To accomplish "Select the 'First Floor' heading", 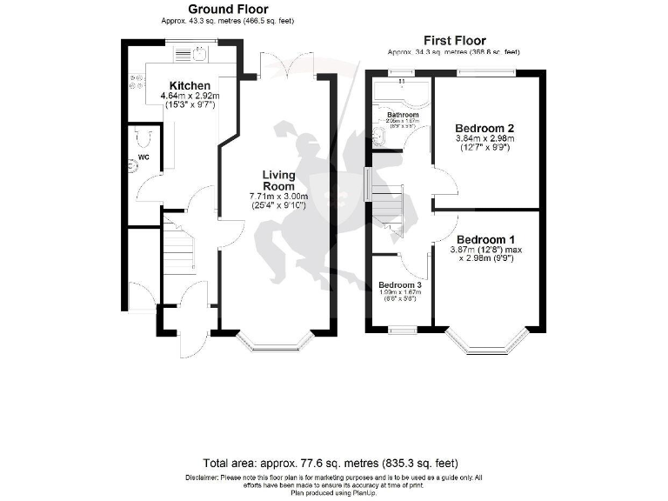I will tap(454, 40).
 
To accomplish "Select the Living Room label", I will tap(280, 181).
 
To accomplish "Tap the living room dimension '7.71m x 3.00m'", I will tap(279, 197).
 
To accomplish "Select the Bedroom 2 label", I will tap(484, 128).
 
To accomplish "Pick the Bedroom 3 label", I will tap(399, 285).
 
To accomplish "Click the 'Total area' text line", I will tap(331, 463).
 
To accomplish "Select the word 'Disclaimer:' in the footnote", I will tap(202, 478).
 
